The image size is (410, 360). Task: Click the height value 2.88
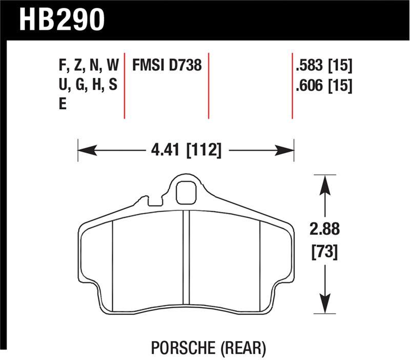[x=325, y=229]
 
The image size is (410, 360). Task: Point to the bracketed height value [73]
[x=325, y=252]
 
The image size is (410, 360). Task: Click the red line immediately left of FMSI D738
[x=125, y=85]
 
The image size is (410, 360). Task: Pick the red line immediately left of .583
[x=292, y=85]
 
